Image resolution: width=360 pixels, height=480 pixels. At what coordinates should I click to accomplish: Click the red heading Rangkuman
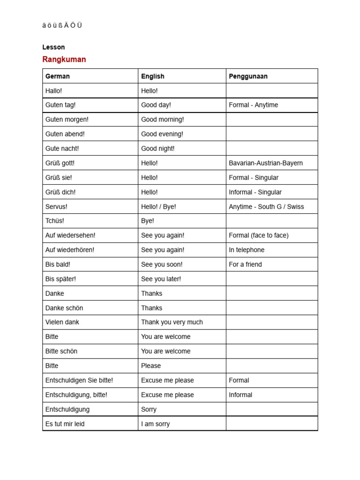pos(64,60)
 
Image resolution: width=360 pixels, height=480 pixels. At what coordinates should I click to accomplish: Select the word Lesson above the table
pos(53,47)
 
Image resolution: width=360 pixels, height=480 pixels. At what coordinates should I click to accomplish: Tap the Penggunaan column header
pos(248,76)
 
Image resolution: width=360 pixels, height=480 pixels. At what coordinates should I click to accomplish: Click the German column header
pos(58,76)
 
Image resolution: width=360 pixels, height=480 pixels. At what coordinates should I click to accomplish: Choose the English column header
pos(153,76)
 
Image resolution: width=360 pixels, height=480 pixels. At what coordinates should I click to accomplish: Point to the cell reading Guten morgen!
pos(67,120)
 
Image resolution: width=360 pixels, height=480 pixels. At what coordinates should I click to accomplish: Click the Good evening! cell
pos(162,134)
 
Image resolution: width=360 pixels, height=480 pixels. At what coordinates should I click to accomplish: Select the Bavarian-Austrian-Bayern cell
pos(266,163)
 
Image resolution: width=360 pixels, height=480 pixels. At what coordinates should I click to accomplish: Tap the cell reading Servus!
pos(56,207)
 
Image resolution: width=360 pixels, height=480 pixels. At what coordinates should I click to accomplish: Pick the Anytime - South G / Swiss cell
pos(266,207)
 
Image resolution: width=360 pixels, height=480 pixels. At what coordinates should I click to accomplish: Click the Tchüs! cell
pos(55,221)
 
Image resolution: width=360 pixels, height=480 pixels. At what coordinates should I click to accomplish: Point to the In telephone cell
pos(247,250)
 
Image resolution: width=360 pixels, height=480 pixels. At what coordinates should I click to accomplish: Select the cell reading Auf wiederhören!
pos(70,250)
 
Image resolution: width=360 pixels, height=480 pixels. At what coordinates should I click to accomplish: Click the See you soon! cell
pos(162,264)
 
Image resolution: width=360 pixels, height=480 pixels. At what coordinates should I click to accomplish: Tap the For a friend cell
pos(245,264)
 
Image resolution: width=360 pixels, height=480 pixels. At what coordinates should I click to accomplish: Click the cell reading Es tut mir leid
pos(65,424)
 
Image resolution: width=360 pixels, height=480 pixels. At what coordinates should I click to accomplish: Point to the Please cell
pos(151,366)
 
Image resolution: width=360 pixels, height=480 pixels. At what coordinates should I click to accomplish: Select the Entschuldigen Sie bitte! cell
pos(79,380)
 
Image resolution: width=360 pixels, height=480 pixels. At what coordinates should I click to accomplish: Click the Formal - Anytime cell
pos(253,105)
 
